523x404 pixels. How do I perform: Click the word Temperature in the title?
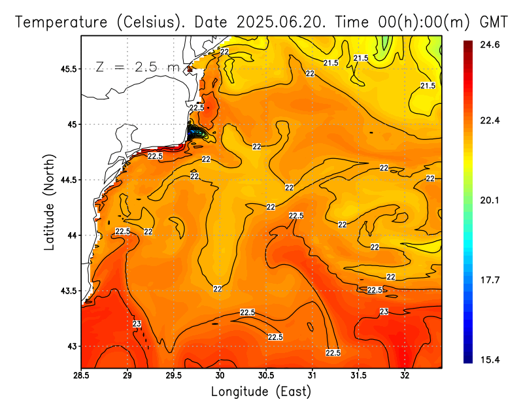[x=62, y=22]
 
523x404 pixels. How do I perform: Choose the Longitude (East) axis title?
[x=261, y=392]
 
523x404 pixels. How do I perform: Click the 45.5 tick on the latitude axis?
[x=65, y=69]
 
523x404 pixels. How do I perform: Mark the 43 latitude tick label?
[x=69, y=346]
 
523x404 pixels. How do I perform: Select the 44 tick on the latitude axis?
[x=69, y=235]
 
